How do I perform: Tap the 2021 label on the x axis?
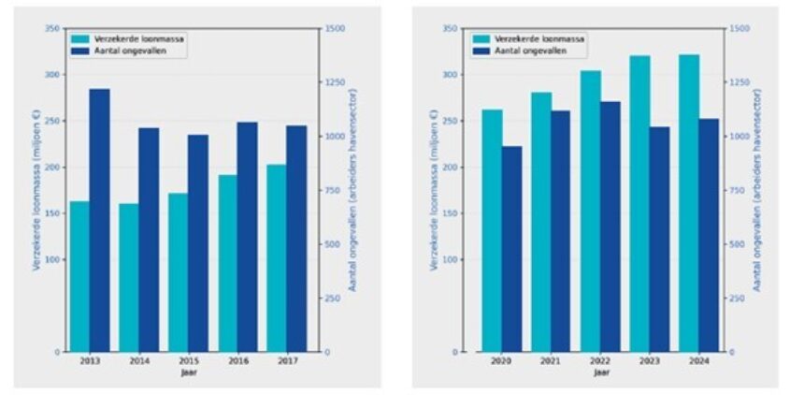[552, 361]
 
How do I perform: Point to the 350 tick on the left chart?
[52, 29]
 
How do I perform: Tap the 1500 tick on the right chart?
[740, 29]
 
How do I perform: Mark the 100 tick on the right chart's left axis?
[452, 259]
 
